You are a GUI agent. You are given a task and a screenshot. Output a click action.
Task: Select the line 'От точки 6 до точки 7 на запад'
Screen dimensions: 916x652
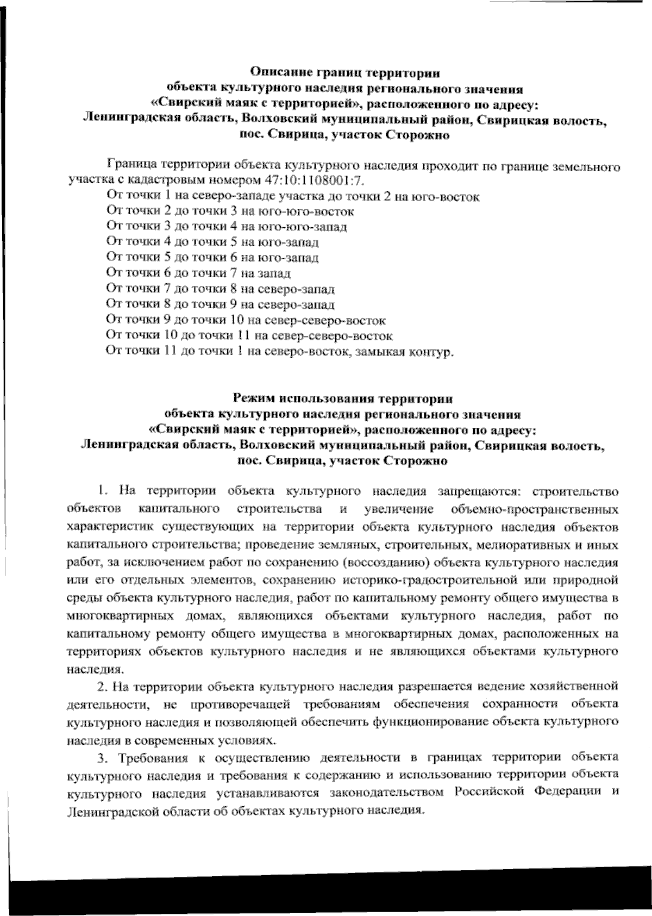198,273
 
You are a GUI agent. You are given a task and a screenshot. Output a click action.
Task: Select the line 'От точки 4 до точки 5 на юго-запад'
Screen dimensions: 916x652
212,242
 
